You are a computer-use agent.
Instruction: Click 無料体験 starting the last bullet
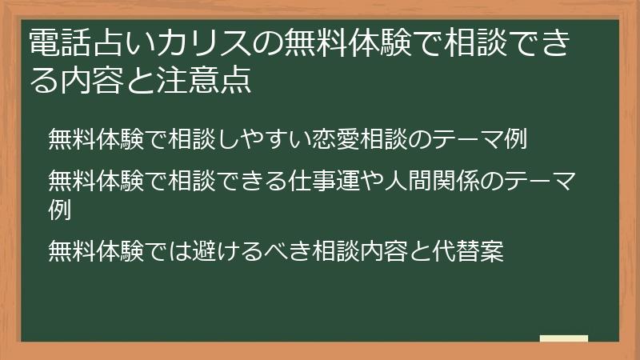(x=88, y=251)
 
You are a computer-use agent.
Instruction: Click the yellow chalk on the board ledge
(x=564, y=338)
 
